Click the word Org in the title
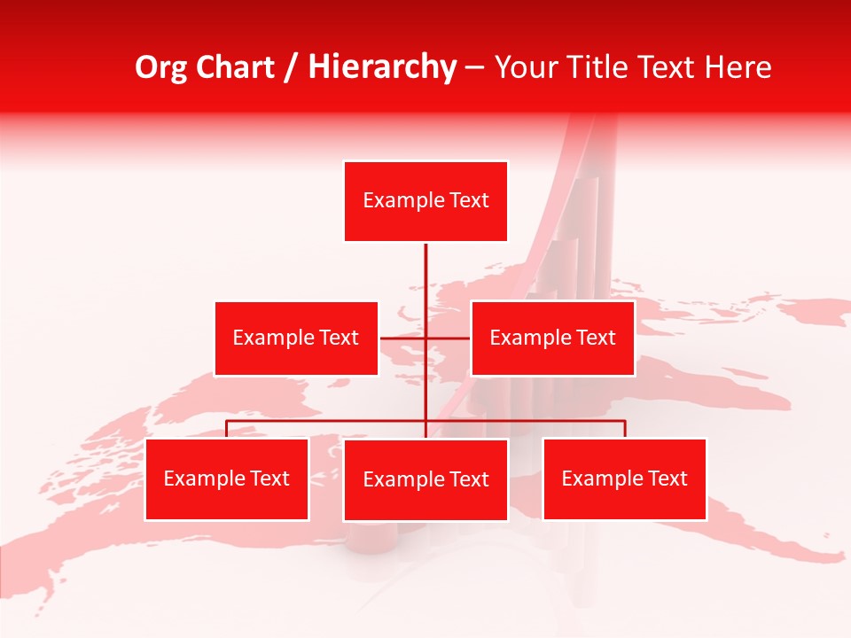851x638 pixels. pyautogui.click(x=160, y=67)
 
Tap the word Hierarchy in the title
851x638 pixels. pyautogui.click(x=382, y=67)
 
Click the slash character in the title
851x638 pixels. pyautogui.click(x=291, y=68)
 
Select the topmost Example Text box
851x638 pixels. pyautogui.click(x=425, y=201)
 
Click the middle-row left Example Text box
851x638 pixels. pyautogui.click(x=296, y=338)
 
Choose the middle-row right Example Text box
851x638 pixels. pyautogui.click(x=552, y=338)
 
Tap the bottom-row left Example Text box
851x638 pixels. pyautogui.click(x=226, y=479)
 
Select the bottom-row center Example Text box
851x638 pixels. pyautogui.click(x=425, y=480)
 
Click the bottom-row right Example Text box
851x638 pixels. pyautogui.click(x=624, y=479)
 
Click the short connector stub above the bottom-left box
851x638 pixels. pyautogui.click(x=226, y=429)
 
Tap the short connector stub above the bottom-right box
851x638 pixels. pyautogui.click(x=625, y=429)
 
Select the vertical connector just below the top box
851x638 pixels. pyautogui.click(x=425, y=266)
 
